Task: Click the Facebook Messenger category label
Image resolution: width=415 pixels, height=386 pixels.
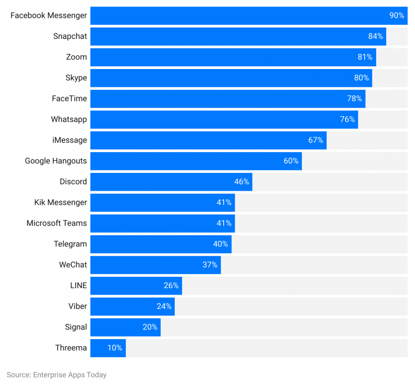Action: tap(49, 15)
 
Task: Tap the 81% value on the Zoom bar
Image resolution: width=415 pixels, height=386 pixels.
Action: tap(365, 57)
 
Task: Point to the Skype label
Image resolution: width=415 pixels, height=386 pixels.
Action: tap(76, 78)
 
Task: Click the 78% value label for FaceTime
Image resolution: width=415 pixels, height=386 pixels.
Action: tap(354, 99)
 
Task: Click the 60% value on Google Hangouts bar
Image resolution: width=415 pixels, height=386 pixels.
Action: tap(291, 161)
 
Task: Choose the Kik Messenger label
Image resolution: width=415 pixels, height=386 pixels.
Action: tap(61, 203)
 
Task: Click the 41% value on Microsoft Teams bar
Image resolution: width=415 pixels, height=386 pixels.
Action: tap(224, 223)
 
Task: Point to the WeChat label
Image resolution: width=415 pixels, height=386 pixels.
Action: tap(73, 265)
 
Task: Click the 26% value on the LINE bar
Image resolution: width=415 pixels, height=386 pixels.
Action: tap(171, 286)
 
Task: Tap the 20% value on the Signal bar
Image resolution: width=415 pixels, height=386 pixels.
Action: tap(150, 327)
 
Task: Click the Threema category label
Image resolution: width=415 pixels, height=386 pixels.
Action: tap(71, 348)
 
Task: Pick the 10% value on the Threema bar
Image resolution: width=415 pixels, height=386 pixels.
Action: tap(115, 348)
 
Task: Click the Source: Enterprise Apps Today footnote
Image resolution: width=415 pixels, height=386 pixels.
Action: tap(57, 375)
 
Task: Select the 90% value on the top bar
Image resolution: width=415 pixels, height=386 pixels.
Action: tap(397, 15)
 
